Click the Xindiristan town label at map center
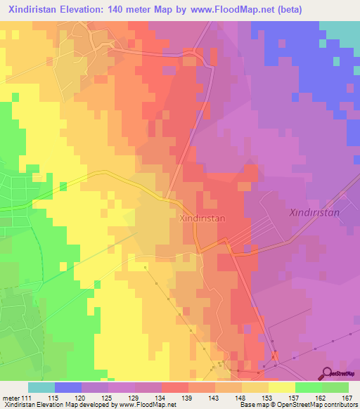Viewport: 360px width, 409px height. click(202, 218)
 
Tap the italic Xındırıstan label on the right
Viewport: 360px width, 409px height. click(314, 212)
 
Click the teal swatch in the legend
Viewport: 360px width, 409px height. click(41, 387)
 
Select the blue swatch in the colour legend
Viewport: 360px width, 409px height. click(68, 387)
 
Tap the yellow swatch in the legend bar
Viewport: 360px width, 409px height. click(282, 387)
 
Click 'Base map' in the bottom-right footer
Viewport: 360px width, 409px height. click(253, 405)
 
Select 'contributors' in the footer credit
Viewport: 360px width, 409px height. click(337, 405)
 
